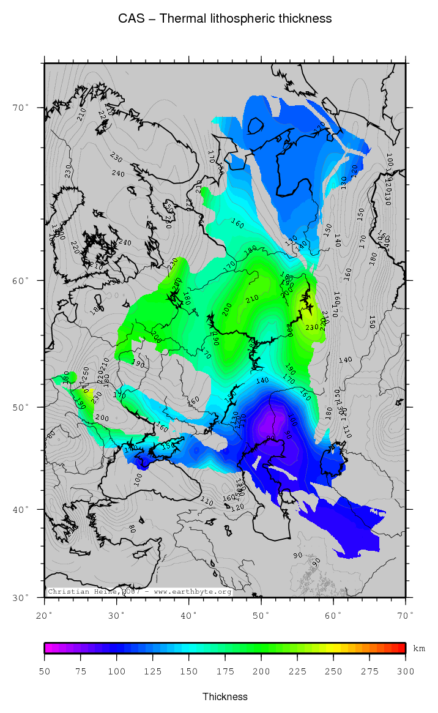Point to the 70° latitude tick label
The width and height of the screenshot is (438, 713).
21,108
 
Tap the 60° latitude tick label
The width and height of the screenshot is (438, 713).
21,280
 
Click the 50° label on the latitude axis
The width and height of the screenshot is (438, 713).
21,407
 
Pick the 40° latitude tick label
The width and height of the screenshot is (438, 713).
21,509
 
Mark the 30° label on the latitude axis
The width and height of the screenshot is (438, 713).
21,597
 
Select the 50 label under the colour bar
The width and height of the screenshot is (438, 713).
45,671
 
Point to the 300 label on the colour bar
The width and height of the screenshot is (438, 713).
406,671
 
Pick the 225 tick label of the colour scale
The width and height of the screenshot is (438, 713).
297,671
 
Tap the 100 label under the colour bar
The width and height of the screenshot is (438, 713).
117,671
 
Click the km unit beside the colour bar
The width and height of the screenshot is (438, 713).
419,648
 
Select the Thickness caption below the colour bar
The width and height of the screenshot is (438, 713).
225,696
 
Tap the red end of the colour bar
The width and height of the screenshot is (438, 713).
401,648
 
